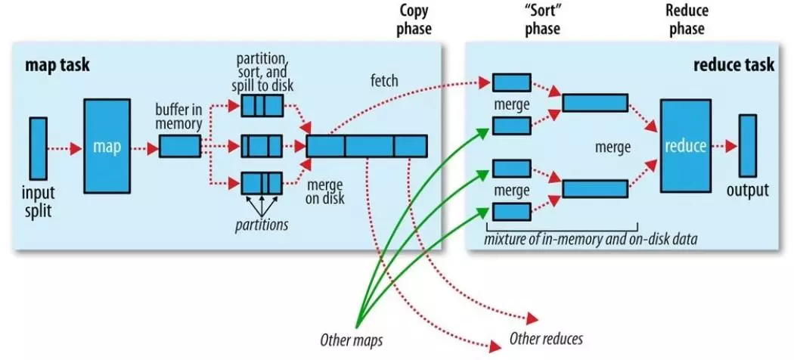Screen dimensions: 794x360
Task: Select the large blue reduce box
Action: [x=685, y=146]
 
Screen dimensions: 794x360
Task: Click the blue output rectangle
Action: [x=747, y=146]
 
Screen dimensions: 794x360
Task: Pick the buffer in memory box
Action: [x=180, y=146]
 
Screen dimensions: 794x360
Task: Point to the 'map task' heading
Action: [x=57, y=65]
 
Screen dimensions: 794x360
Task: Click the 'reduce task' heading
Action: [x=734, y=65]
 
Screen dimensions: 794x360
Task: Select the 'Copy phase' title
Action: [x=414, y=20]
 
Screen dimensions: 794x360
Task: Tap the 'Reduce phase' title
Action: [x=687, y=20]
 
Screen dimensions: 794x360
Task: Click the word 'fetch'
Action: [x=384, y=80]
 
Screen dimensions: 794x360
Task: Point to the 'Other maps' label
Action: [x=351, y=340]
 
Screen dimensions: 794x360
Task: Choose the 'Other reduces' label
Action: [x=546, y=338]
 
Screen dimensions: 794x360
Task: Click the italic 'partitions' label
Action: [x=262, y=225]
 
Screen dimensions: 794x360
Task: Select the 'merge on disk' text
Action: [x=324, y=191]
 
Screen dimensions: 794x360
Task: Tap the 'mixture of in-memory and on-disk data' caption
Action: [x=591, y=238]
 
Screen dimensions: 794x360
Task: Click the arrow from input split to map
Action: [x=64, y=149]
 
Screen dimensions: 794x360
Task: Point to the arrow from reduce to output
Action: [x=724, y=147]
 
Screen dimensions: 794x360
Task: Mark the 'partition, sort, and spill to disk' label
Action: [x=262, y=71]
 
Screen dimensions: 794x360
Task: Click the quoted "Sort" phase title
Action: [x=542, y=20]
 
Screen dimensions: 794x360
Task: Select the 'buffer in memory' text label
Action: [x=179, y=116]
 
